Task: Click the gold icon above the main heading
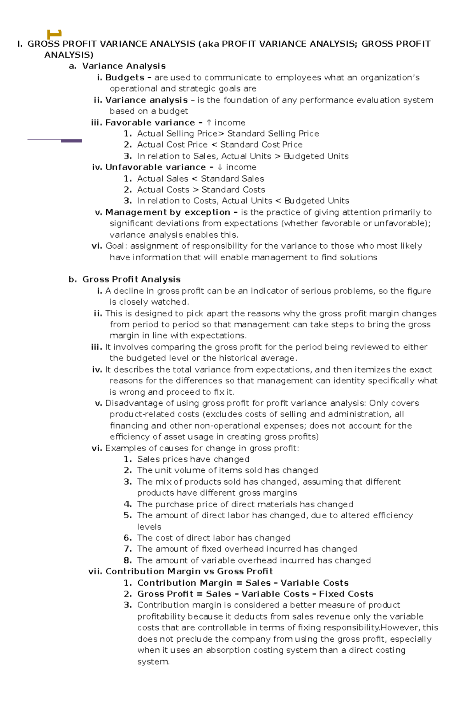(54, 34)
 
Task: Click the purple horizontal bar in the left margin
(71, 141)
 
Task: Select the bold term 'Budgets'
(125, 78)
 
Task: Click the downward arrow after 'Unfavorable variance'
(220, 168)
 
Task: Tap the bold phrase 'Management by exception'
(168, 212)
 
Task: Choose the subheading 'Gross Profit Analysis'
(132, 279)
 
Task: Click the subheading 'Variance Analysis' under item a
(124, 66)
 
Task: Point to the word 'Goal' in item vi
(115, 246)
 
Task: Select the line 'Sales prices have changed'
(193, 459)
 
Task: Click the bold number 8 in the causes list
(127, 560)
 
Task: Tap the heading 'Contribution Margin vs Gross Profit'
(189, 572)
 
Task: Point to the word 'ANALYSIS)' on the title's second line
(69, 55)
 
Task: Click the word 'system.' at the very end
(153, 662)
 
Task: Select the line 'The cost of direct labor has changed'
(214, 538)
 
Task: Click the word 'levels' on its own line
(149, 527)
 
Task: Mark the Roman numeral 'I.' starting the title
(19, 44)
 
